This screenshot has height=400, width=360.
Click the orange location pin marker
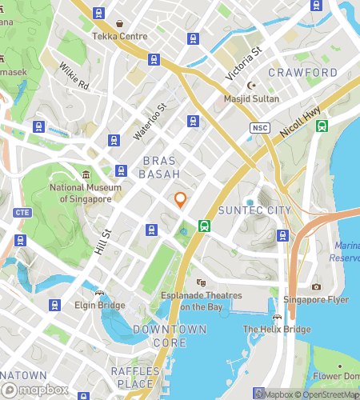point(181,200)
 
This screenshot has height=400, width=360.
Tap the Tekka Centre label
point(119,36)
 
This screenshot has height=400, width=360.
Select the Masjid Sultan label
point(252,98)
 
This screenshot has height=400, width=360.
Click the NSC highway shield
point(258,127)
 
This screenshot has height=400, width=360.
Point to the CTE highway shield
point(22,212)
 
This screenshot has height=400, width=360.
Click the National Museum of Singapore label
point(86,193)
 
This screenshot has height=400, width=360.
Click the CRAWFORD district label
point(302,73)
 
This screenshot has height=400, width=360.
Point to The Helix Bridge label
point(276,329)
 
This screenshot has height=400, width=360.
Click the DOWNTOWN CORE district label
point(170,336)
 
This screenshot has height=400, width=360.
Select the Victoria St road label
point(245,64)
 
